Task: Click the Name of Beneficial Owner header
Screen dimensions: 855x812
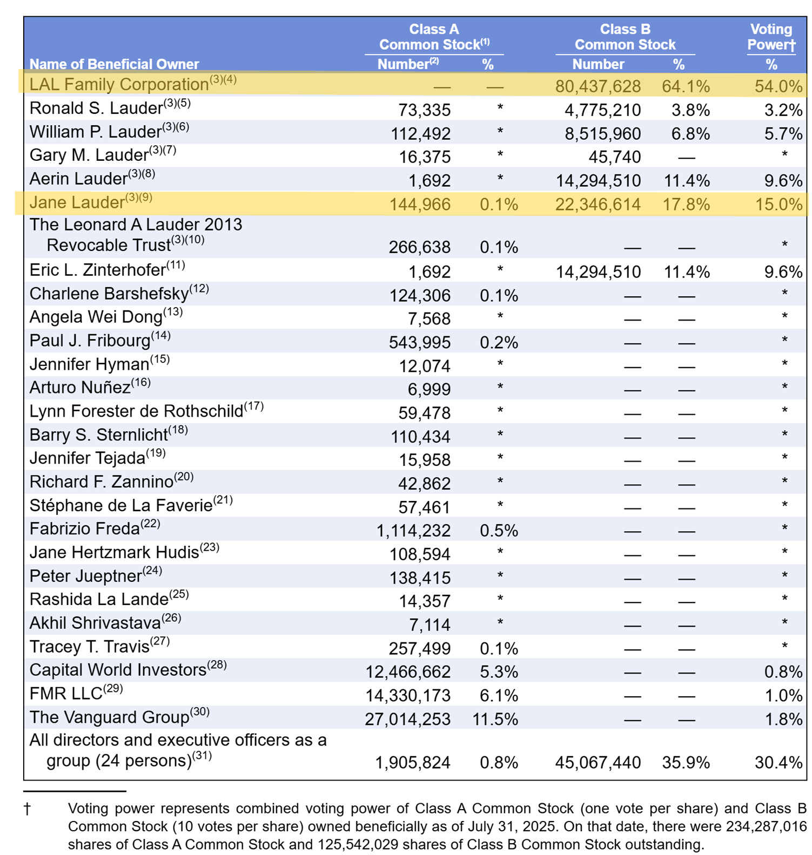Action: [114, 64]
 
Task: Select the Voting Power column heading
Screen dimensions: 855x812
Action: [771, 37]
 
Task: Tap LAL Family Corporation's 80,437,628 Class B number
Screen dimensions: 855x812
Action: [598, 86]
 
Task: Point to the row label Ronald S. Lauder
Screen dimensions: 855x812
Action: [96, 108]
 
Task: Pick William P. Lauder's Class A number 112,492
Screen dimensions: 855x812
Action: [420, 133]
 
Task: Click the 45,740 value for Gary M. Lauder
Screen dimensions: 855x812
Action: [615, 157]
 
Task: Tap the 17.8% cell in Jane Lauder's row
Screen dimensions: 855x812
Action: [686, 205]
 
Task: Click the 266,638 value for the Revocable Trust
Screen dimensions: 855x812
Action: [419, 247]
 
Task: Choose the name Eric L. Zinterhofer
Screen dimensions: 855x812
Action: [97, 270]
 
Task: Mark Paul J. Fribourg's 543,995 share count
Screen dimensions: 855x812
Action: [419, 342]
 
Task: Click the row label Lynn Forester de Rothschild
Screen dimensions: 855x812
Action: [136, 411]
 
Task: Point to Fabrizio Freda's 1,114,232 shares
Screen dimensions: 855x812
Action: [413, 531]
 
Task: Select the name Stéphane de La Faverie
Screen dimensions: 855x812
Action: [121, 506]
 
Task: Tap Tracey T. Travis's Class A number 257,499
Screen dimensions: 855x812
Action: [419, 648]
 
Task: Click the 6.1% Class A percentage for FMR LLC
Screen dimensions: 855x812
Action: [499, 695]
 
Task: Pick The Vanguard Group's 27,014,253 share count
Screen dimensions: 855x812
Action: [407, 719]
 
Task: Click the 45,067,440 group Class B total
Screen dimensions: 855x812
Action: [598, 762]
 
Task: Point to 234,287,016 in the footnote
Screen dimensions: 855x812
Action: [766, 826]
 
